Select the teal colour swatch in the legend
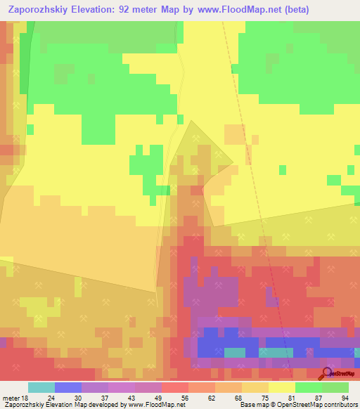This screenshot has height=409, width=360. [41, 387]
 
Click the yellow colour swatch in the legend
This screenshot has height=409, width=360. [281, 387]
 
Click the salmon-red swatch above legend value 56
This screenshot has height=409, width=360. [174, 387]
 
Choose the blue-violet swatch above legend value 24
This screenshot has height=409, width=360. [67, 387]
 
